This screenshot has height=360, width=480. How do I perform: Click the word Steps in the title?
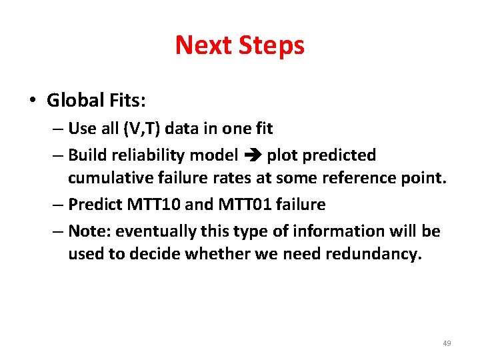[x=272, y=45]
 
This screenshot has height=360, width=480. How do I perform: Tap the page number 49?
[x=447, y=343]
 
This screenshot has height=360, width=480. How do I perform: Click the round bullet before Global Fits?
[x=32, y=101]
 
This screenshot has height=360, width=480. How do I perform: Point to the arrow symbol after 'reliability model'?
[x=252, y=156]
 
